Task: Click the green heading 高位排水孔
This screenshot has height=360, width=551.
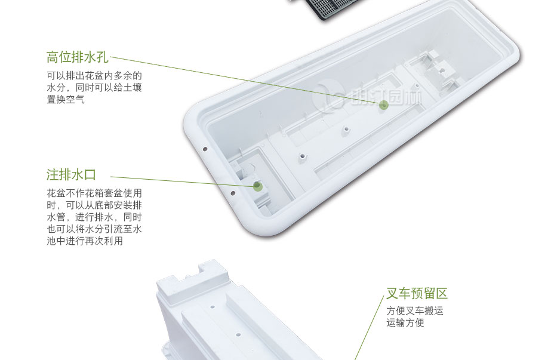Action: pos(78,57)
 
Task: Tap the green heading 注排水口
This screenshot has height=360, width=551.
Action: pos(71,175)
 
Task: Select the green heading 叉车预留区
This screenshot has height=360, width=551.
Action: pos(417,294)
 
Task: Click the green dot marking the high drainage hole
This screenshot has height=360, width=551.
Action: pos(384,104)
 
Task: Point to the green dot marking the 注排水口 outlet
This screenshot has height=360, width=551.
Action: pos(257,186)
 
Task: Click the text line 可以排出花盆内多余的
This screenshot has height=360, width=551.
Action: pos(94,76)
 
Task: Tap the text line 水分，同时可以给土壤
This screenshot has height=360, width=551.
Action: pos(94,88)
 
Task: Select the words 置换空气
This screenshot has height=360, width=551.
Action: pos(66,100)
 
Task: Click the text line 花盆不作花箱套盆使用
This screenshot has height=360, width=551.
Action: pos(94,193)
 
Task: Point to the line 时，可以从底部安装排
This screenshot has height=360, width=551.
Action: pos(94,205)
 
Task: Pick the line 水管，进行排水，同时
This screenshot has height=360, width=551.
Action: pos(94,217)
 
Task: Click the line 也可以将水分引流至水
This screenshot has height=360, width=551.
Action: pos(94,229)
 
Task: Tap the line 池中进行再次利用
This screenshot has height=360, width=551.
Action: pos(85,241)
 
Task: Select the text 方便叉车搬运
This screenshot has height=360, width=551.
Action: pos(415,311)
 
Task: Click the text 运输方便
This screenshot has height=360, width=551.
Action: pos(405,323)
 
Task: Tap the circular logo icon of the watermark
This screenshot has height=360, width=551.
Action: pos(328,96)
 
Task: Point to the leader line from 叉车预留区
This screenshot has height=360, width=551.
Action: pos(369,328)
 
